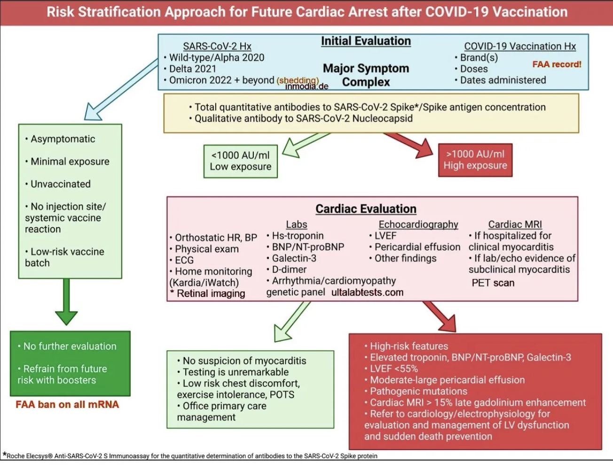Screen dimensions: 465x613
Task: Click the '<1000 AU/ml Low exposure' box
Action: coord(240,161)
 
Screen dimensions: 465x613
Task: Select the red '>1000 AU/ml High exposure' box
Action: coord(475,160)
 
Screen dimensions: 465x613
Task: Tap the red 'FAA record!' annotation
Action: coord(557,64)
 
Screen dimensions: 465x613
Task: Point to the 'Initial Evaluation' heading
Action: coord(366,41)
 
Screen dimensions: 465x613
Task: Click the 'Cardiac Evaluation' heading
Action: coord(366,209)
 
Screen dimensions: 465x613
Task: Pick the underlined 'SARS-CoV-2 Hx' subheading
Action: coord(217,47)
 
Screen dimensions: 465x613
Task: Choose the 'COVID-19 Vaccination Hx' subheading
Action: coord(520,47)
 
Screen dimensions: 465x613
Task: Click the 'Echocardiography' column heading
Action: coord(418,224)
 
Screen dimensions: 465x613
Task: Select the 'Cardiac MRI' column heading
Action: coord(515,224)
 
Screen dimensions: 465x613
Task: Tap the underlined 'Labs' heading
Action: coord(296,224)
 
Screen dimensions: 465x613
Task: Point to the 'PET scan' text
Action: coord(493,283)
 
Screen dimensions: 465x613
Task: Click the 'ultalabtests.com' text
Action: coord(367,292)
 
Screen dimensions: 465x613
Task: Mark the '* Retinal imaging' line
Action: coord(208,294)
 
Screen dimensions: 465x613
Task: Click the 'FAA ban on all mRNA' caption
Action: coord(67,405)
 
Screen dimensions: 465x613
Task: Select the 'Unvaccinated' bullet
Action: coord(60,184)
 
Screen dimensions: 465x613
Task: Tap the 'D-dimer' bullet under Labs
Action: coord(289,270)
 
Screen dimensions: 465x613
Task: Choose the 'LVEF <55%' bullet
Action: coord(393,369)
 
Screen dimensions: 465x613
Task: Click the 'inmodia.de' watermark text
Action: coord(306,86)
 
